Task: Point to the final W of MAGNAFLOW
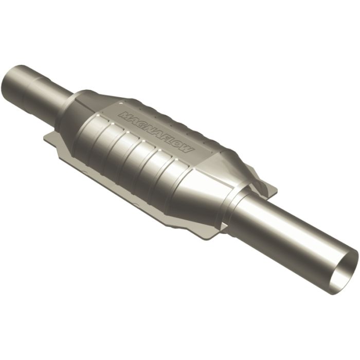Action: point(188,150)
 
